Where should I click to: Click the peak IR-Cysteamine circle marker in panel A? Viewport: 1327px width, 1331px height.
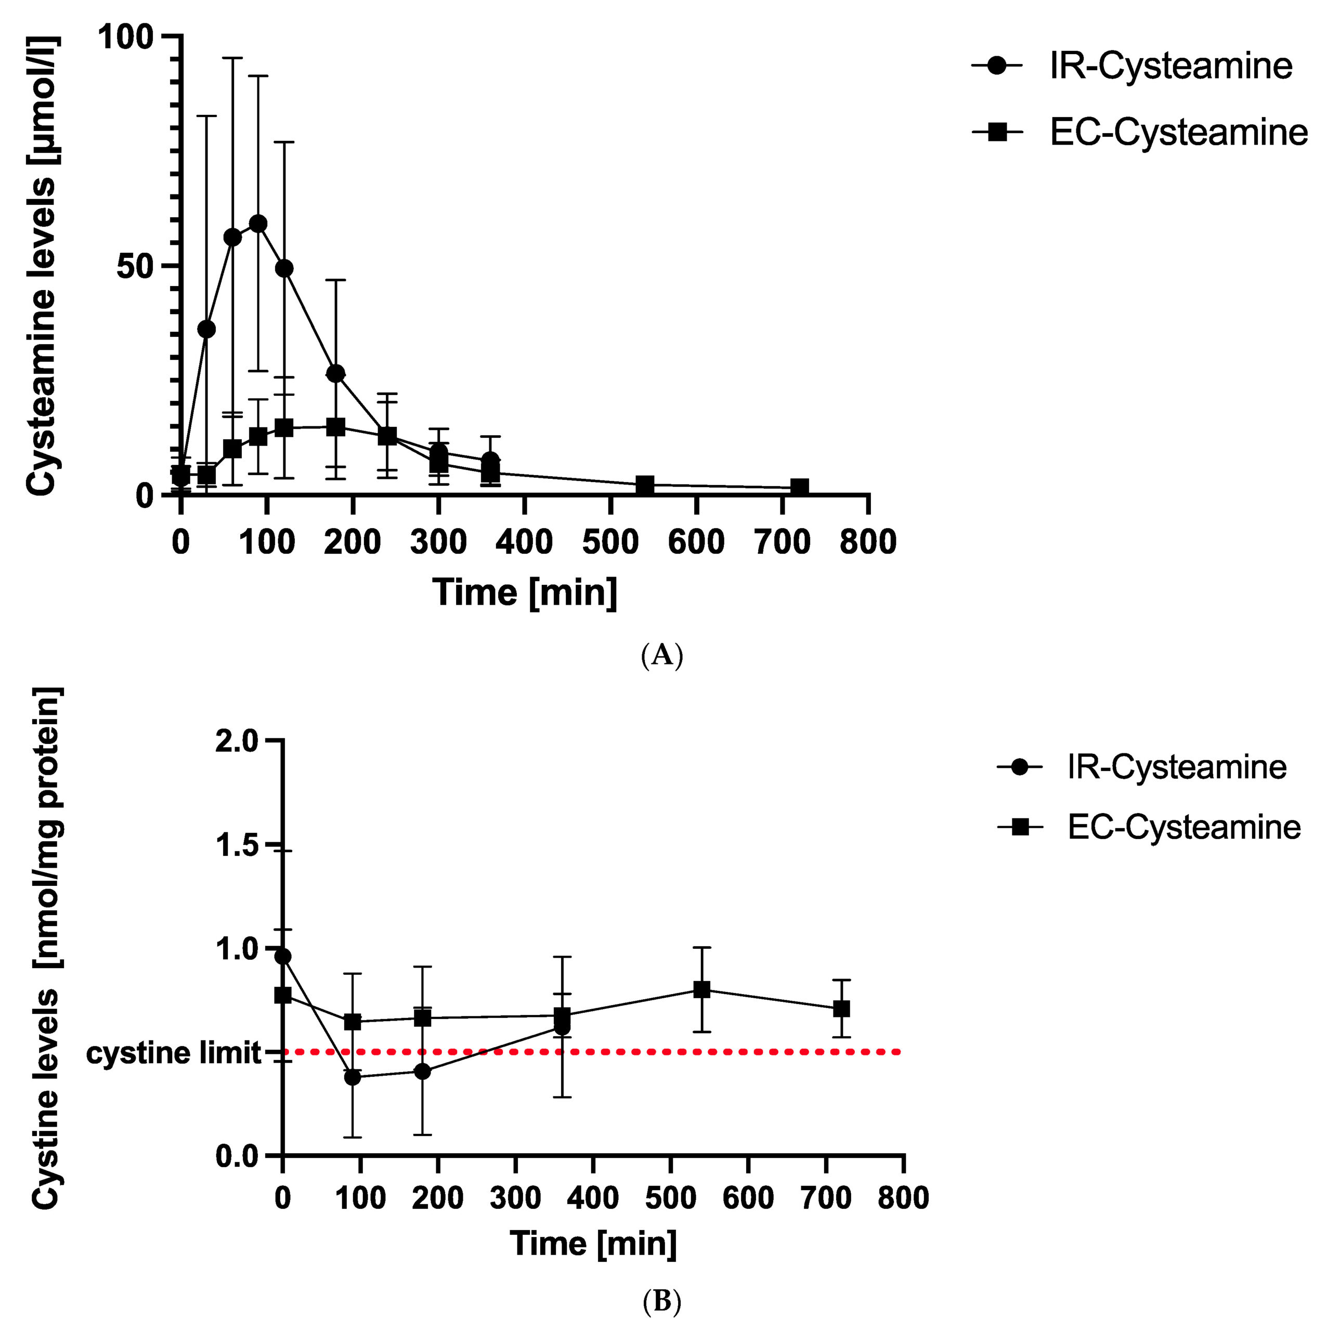[258, 224]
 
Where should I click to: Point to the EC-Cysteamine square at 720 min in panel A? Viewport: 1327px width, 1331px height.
[799, 487]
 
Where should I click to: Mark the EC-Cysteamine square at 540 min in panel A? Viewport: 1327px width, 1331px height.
[644, 485]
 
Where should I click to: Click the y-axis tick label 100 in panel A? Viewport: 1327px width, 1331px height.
[125, 36]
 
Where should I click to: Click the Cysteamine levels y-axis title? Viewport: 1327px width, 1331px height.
[42, 265]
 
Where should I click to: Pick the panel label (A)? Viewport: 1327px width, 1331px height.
[661, 655]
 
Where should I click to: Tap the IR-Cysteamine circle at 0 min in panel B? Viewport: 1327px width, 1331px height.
[282, 956]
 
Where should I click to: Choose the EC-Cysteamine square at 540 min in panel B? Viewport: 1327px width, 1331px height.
[701, 989]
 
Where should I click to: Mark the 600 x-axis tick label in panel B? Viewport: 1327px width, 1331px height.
[748, 1198]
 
